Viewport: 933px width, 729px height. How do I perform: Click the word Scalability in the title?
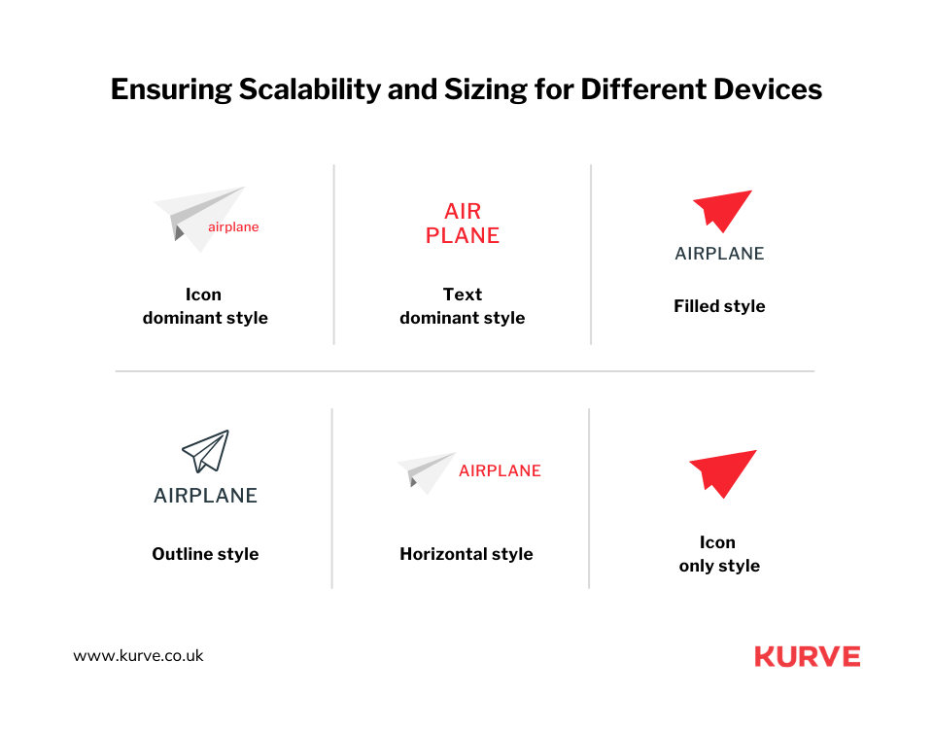tap(309, 89)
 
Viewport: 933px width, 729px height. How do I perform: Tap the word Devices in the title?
tap(768, 89)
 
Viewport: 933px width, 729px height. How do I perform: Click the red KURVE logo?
tap(808, 656)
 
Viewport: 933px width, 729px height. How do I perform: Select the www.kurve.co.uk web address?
tap(138, 656)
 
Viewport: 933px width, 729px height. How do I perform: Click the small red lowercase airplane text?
tap(233, 226)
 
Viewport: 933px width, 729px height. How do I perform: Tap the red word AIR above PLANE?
tap(463, 211)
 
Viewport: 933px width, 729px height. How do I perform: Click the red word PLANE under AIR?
tap(463, 235)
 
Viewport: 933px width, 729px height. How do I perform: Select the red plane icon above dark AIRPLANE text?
tap(722, 211)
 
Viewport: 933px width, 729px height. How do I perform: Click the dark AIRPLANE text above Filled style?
tap(719, 254)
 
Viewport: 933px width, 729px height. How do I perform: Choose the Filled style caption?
tap(719, 306)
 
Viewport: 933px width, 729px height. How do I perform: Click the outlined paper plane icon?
tap(205, 451)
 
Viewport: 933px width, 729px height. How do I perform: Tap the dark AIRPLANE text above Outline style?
tap(205, 495)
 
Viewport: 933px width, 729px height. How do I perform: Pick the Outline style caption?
tap(205, 553)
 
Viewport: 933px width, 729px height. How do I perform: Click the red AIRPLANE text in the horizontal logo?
tap(500, 470)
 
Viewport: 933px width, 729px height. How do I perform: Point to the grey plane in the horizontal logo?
tap(427, 472)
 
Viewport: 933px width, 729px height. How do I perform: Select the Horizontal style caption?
tap(466, 553)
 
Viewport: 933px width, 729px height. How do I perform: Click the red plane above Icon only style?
tap(722, 473)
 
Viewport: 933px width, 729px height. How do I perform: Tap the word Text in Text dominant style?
tap(463, 294)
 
